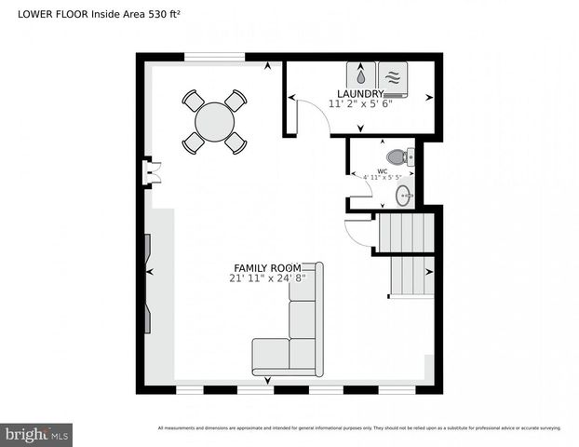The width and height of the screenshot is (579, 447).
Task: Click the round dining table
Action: point(215,121)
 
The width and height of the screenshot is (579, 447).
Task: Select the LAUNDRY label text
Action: point(360,94)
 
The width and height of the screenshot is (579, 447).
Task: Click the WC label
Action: point(382,171)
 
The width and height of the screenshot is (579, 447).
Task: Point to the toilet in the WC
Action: point(397,156)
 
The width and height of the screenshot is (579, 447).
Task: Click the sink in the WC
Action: point(403,195)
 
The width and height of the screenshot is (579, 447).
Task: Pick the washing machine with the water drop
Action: point(360,75)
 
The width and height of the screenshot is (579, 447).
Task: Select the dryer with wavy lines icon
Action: point(392,75)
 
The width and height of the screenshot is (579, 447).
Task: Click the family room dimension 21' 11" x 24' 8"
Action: point(267,278)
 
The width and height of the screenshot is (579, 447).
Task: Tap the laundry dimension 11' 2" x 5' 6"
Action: point(360,103)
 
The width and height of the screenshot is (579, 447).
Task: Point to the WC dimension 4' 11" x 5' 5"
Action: point(382,178)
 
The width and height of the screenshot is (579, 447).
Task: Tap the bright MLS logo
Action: point(36,434)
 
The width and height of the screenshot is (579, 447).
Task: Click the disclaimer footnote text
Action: point(359,427)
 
